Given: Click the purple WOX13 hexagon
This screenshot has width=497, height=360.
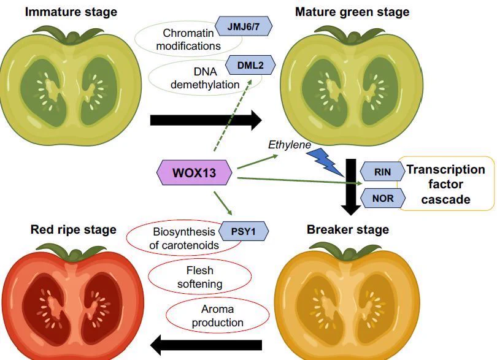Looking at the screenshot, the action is (195, 172).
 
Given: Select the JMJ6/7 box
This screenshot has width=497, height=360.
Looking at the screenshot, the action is (244, 26).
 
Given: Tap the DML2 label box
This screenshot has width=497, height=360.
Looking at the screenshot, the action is (250, 65).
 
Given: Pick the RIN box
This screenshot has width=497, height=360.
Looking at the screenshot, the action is (383, 172).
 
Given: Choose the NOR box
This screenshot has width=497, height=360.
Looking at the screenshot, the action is (383, 198).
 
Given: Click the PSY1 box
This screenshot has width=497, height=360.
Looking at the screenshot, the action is (243, 231).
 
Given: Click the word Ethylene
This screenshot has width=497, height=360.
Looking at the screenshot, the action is (290, 145).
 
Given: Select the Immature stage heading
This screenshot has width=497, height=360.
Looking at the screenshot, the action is (71, 12).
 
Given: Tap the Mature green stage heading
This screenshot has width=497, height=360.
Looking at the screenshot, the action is (352, 12).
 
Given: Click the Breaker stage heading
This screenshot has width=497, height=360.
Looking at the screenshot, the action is (348, 229).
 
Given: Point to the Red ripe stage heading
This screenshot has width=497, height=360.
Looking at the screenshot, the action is (73, 229).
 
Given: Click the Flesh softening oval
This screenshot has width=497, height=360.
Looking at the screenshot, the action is (199, 277).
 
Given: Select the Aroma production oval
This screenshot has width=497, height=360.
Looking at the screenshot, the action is (217, 315).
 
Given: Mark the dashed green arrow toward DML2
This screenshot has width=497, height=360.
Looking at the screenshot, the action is (233, 115).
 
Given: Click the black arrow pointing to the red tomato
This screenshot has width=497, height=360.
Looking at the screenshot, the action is (206, 345).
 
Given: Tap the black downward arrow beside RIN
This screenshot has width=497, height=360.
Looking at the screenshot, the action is (350, 187).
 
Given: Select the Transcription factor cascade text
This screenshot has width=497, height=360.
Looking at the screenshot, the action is (445, 184).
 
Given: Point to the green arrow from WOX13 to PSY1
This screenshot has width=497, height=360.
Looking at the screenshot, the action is (223, 204).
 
